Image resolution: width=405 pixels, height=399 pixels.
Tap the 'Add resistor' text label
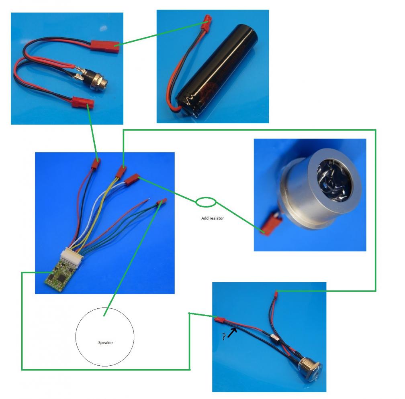[212, 218]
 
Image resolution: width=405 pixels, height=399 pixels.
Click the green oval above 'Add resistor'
[206, 202]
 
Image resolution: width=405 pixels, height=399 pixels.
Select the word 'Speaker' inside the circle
[105, 342]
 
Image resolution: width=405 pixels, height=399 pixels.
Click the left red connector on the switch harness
[220, 321]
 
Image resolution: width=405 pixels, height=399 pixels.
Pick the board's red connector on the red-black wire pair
[96, 163]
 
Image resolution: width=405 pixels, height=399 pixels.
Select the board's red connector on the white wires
[132, 180]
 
